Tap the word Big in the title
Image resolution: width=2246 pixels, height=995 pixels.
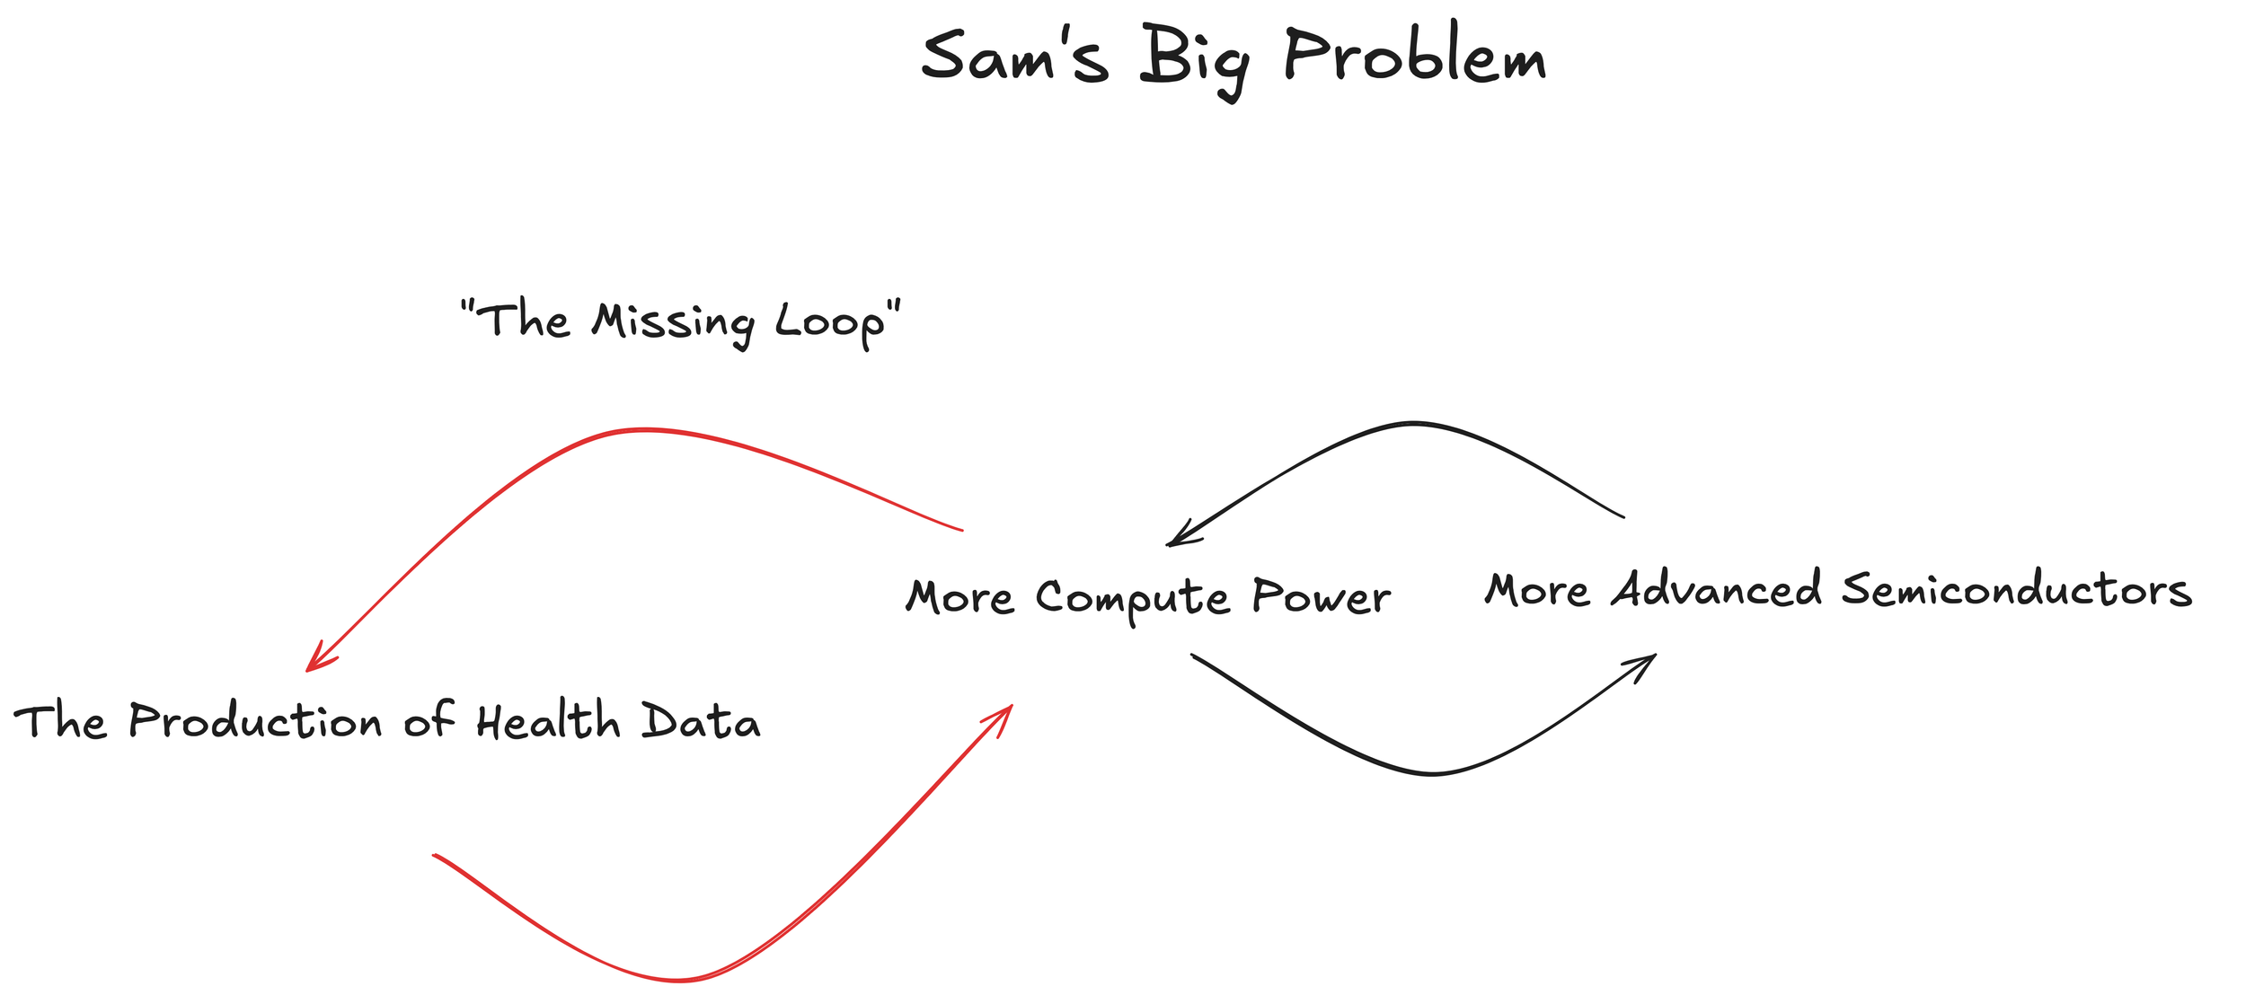1195,59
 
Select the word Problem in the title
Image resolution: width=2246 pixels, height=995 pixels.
1415,57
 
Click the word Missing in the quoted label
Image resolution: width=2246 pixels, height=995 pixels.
673,322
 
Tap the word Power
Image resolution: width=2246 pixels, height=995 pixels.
1321,596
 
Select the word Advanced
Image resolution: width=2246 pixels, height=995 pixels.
1716,590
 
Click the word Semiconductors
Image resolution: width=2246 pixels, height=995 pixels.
2017,590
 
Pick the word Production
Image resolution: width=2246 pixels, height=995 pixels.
256,721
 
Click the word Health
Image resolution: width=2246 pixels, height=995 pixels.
548,721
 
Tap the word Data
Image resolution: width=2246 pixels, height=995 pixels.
701,721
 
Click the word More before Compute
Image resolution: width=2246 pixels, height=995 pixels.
959,597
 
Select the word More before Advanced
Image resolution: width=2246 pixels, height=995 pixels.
1537,591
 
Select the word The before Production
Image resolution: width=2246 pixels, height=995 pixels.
60,721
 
